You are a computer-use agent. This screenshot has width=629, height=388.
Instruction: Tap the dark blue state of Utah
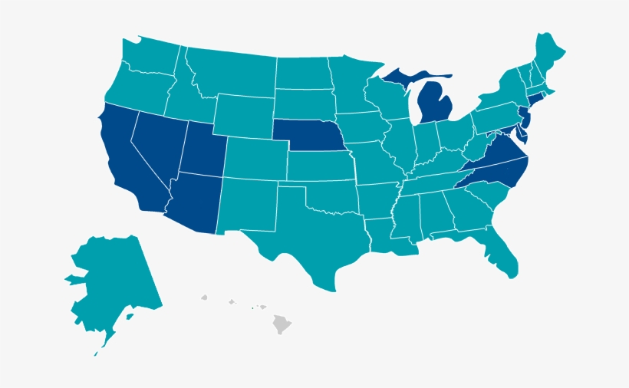click(x=201, y=150)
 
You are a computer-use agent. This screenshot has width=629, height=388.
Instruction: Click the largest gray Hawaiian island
click(x=282, y=324)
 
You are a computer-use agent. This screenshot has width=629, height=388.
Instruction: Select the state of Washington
click(x=150, y=58)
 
